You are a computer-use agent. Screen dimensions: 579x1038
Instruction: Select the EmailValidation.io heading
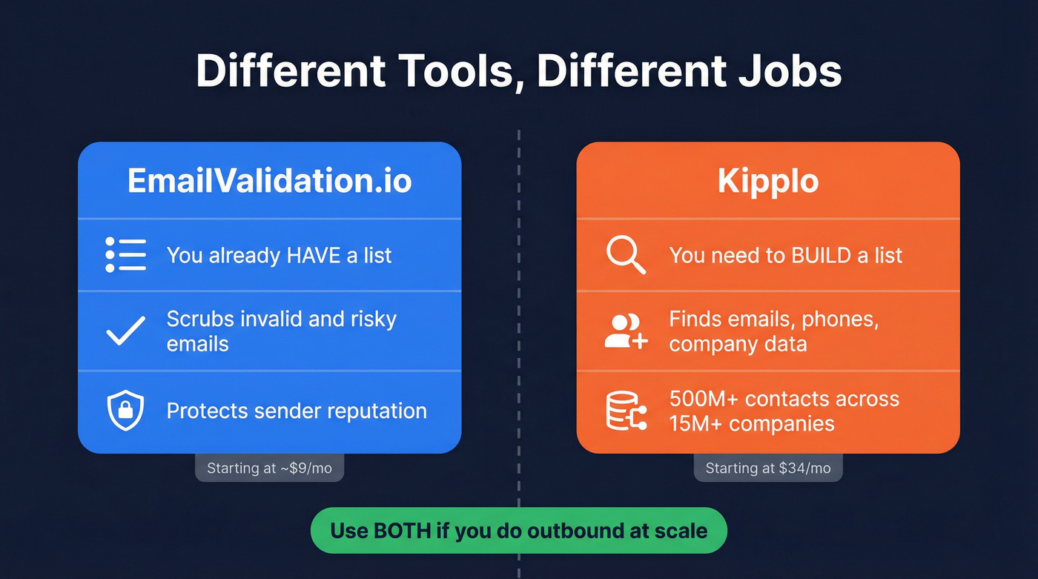[x=269, y=181]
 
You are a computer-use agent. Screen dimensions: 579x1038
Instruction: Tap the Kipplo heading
[x=768, y=181]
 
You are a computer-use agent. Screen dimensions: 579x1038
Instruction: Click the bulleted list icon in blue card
[x=125, y=255]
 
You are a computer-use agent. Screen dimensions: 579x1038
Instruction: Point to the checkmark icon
[x=125, y=331]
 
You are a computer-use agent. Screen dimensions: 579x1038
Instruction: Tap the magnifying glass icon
[x=626, y=255]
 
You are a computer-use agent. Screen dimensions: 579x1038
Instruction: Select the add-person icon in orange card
[x=626, y=331]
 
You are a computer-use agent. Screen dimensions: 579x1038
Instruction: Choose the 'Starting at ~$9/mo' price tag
[x=269, y=468]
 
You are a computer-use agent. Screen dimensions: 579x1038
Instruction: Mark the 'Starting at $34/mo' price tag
[x=768, y=468]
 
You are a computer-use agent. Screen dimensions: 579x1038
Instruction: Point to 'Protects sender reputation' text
[x=297, y=411]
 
